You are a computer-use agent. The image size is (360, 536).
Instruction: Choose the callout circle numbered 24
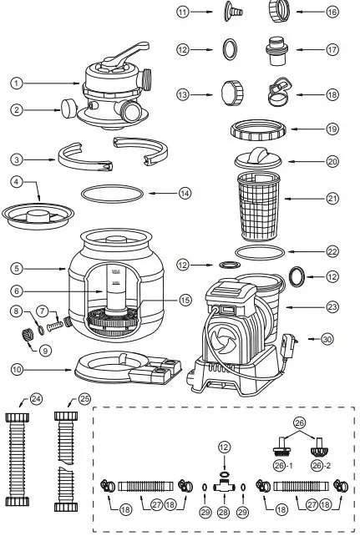pos(36,398)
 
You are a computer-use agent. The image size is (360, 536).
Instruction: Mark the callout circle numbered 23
pos(332,307)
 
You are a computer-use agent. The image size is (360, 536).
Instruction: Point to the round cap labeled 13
pos(230,88)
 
